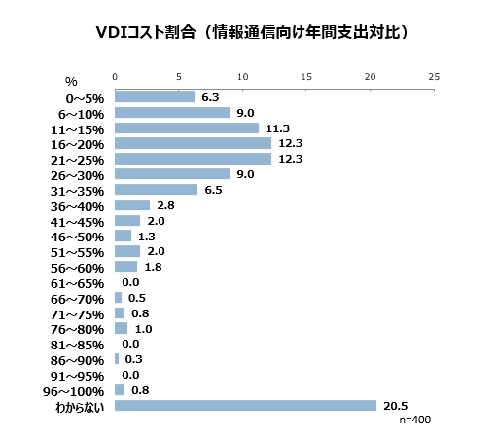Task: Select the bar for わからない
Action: pyautogui.click(x=245, y=405)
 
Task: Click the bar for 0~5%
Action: pyautogui.click(x=155, y=96)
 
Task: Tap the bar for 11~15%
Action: pyautogui.click(x=187, y=128)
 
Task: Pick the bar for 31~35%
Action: pyautogui.click(x=156, y=189)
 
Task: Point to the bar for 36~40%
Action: pyautogui.click(x=132, y=204)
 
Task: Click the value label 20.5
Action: pyautogui.click(x=394, y=405)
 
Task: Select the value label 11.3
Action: pyautogui.click(x=277, y=128)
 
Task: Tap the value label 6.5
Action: pyautogui.click(x=216, y=189)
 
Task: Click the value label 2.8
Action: pyautogui.click(x=165, y=204)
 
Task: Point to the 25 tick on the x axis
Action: pyautogui.click(x=433, y=76)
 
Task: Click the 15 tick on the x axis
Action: pyautogui.click(x=306, y=76)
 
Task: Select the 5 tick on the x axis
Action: pyautogui.click(x=179, y=76)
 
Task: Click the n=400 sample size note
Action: pyautogui.click(x=414, y=420)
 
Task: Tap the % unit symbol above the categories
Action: pyautogui.click(x=71, y=81)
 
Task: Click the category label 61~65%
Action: pyautogui.click(x=78, y=282)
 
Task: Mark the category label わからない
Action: pyautogui.click(x=78, y=406)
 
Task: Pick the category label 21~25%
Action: pyautogui.click(x=78, y=159)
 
